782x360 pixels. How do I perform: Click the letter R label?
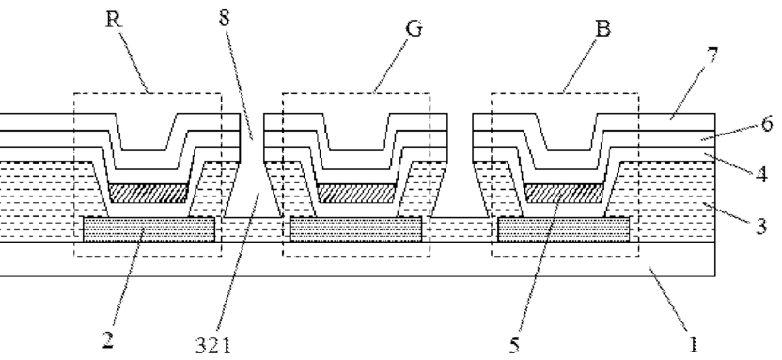point(115,19)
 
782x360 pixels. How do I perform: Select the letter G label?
point(414,29)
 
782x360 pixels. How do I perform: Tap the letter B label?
point(603,29)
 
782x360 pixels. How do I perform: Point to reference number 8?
point(225,18)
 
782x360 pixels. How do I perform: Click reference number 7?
point(712,55)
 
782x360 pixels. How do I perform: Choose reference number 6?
point(768,123)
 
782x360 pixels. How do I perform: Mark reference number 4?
point(761,175)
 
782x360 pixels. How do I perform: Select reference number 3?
point(761,226)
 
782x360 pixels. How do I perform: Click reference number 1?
point(693,344)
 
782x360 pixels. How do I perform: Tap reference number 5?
point(515,345)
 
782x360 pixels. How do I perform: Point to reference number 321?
point(213,345)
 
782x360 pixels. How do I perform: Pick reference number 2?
point(108,339)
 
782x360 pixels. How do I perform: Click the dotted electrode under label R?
point(149,229)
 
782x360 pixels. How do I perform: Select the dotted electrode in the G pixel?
point(356,229)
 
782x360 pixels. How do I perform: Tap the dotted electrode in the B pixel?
point(564,229)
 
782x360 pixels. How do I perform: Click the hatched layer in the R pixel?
point(149,193)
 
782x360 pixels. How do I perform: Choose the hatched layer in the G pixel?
point(356,193)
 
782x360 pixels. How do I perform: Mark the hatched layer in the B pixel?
point(564,193)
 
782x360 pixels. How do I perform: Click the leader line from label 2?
point(129,278)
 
